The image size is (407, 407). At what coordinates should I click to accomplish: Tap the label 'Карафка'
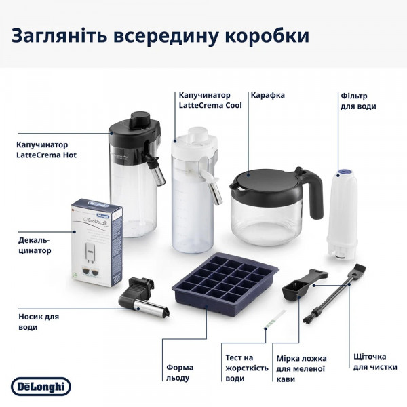[x=267, y=95]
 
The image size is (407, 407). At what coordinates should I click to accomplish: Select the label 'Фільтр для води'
[x=358, y=101]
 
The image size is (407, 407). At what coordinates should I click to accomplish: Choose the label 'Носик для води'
[x=38, y=322]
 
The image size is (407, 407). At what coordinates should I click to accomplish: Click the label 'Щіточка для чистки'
[x=370, y=362]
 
